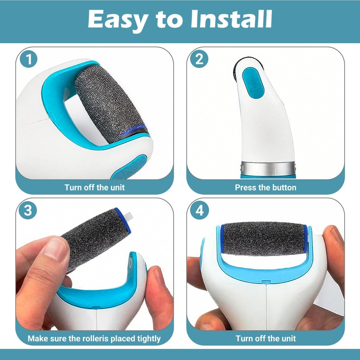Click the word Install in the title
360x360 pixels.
(x=231, y=19)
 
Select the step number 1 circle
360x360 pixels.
(x=28, y=59)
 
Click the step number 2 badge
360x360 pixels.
(x=199, y=59)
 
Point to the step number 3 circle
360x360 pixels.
(x=28, y=210)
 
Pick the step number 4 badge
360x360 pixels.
(x=200, y=210)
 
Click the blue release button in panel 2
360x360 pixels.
(x=253, y=83)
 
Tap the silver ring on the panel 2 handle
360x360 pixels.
(x=268, y=168)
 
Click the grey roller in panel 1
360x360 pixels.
(x=111, y=104)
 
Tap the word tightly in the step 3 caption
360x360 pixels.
(x=149, y=339)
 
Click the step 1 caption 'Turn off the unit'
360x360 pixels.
(x=94, y=187)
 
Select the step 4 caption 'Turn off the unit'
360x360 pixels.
(x=265, y=338)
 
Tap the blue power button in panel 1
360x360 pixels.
(x=129, y=167)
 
